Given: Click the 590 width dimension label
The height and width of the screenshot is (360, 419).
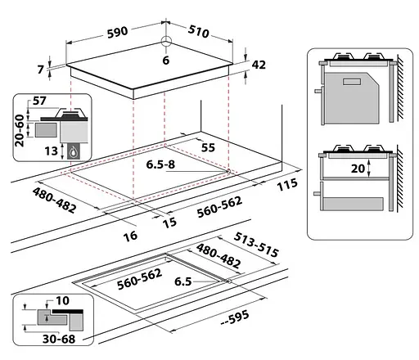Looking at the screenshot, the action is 117,33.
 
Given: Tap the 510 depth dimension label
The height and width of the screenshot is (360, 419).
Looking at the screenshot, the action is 199,31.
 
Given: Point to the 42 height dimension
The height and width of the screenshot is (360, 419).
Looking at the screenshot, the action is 259,65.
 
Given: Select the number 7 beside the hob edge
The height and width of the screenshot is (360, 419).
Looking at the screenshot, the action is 40,70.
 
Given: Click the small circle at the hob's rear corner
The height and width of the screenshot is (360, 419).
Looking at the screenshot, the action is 166,42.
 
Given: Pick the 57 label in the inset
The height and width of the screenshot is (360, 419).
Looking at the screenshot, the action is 39,101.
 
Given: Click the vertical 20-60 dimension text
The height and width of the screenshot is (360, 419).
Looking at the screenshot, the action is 20,130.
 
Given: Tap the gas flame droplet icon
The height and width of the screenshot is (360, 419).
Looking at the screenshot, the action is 74,152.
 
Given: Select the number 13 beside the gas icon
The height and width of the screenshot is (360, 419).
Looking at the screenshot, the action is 52,151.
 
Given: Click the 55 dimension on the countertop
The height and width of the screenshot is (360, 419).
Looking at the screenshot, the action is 208,147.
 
